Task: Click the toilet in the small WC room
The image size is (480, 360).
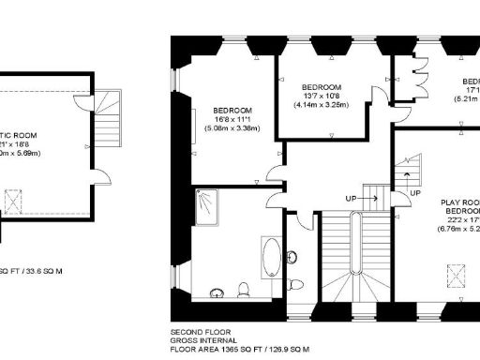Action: [x=296, y=285]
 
